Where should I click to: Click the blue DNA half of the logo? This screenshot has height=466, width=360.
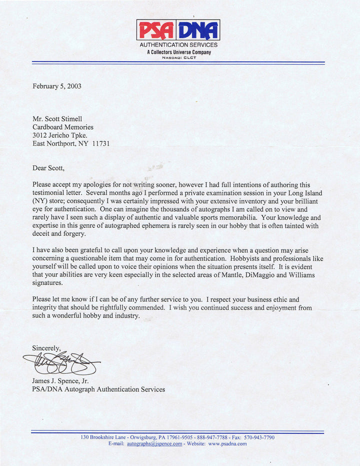pyautogui.click(x=198, y=30)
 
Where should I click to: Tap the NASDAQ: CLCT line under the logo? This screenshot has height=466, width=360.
pyautogui.click(x=178, y=57)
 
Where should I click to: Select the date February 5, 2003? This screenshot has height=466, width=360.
pyautogui.click(x=57, y=86)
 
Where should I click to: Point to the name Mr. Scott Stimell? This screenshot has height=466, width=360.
pyautogui.click(x=57, y=119)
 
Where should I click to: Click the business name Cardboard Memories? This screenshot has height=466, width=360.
pyautogui.click(x=63, y=127)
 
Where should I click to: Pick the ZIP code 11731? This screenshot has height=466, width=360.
pyautogui.click(x=101, y=143)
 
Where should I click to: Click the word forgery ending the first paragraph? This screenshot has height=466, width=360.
pyautogui.click(x=74, y=233)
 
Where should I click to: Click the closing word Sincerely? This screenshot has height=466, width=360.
pyautogui.click(x=46, y=347)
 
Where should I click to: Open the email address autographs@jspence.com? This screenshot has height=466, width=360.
pyautogui.click(x=154, y=443)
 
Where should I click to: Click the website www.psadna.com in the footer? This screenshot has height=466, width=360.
pyautogui.click(x=227, y=443)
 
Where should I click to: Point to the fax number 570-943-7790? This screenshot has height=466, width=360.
pyautogui.click(x=259, y=437)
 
